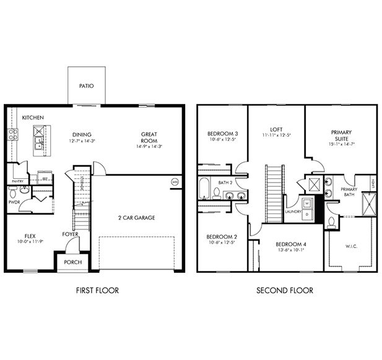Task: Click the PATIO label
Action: [87, 86]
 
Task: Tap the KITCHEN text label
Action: [33, 117]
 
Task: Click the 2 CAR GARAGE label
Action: [136, 218]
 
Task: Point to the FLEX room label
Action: [30, 236]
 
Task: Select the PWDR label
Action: [15, 202]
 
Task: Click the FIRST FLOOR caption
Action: [97, 290]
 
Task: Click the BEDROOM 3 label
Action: [223, 134]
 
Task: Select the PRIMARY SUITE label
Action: [341, 135]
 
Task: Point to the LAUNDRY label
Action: [293, 212]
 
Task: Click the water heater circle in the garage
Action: [175, 182]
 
